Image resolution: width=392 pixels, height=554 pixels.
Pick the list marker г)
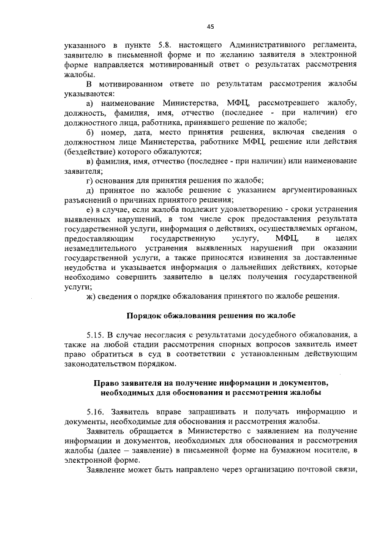(x=90, y=180)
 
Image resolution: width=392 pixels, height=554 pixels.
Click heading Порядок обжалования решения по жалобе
(x=210, y=316)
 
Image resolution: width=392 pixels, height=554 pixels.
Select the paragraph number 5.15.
(x=96, y=335)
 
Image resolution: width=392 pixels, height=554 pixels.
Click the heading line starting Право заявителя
(x=211, y=383)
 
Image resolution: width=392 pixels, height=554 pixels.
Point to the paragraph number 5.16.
(x=97, y=412)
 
